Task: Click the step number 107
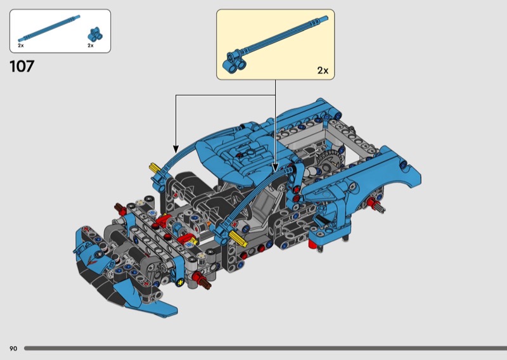tap(22, 67)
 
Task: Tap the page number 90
tap(13, 349)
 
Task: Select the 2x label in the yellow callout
tap(323, 70)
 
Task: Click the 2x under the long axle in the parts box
tap(21, 46)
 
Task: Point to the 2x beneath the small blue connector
tap(91, 46)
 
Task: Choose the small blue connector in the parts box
tap(96, 34)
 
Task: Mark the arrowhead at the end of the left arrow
tap(176, 149)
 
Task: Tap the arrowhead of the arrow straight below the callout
tap(275, 168)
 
